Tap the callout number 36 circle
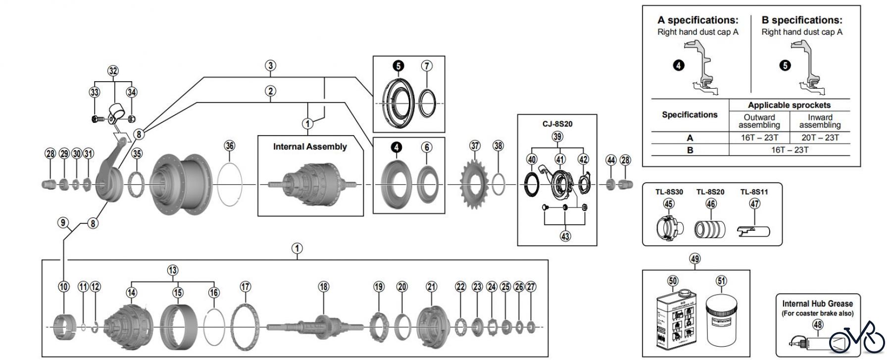pyautogui.click(x=230, y=146)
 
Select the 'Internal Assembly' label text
pyautogui.click(x=310, y=147)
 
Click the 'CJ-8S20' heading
pyautogui.click(x=557, y=124)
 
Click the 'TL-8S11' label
pyautogui.click(x=754, y=192)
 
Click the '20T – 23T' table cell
pyautogui.click(x=820, y=138)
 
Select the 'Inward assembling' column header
pyautogui.click(x=820, y=121)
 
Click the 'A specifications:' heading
pyautogui.click(x=697, y=20)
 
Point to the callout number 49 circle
pyautogui.click(x=695, y=258)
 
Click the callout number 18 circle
pyautogui.click(x=324, y=287)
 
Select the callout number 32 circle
pyautogui.click(x=113, y=71)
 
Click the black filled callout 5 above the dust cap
pyautogui.click(x=398, y=66)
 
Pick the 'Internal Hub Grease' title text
pyautogui.click(x=817, y=304)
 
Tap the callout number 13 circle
pyautogui.click(x=172, y=270)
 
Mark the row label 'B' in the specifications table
pyautogui.click(x=690, y=150)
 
